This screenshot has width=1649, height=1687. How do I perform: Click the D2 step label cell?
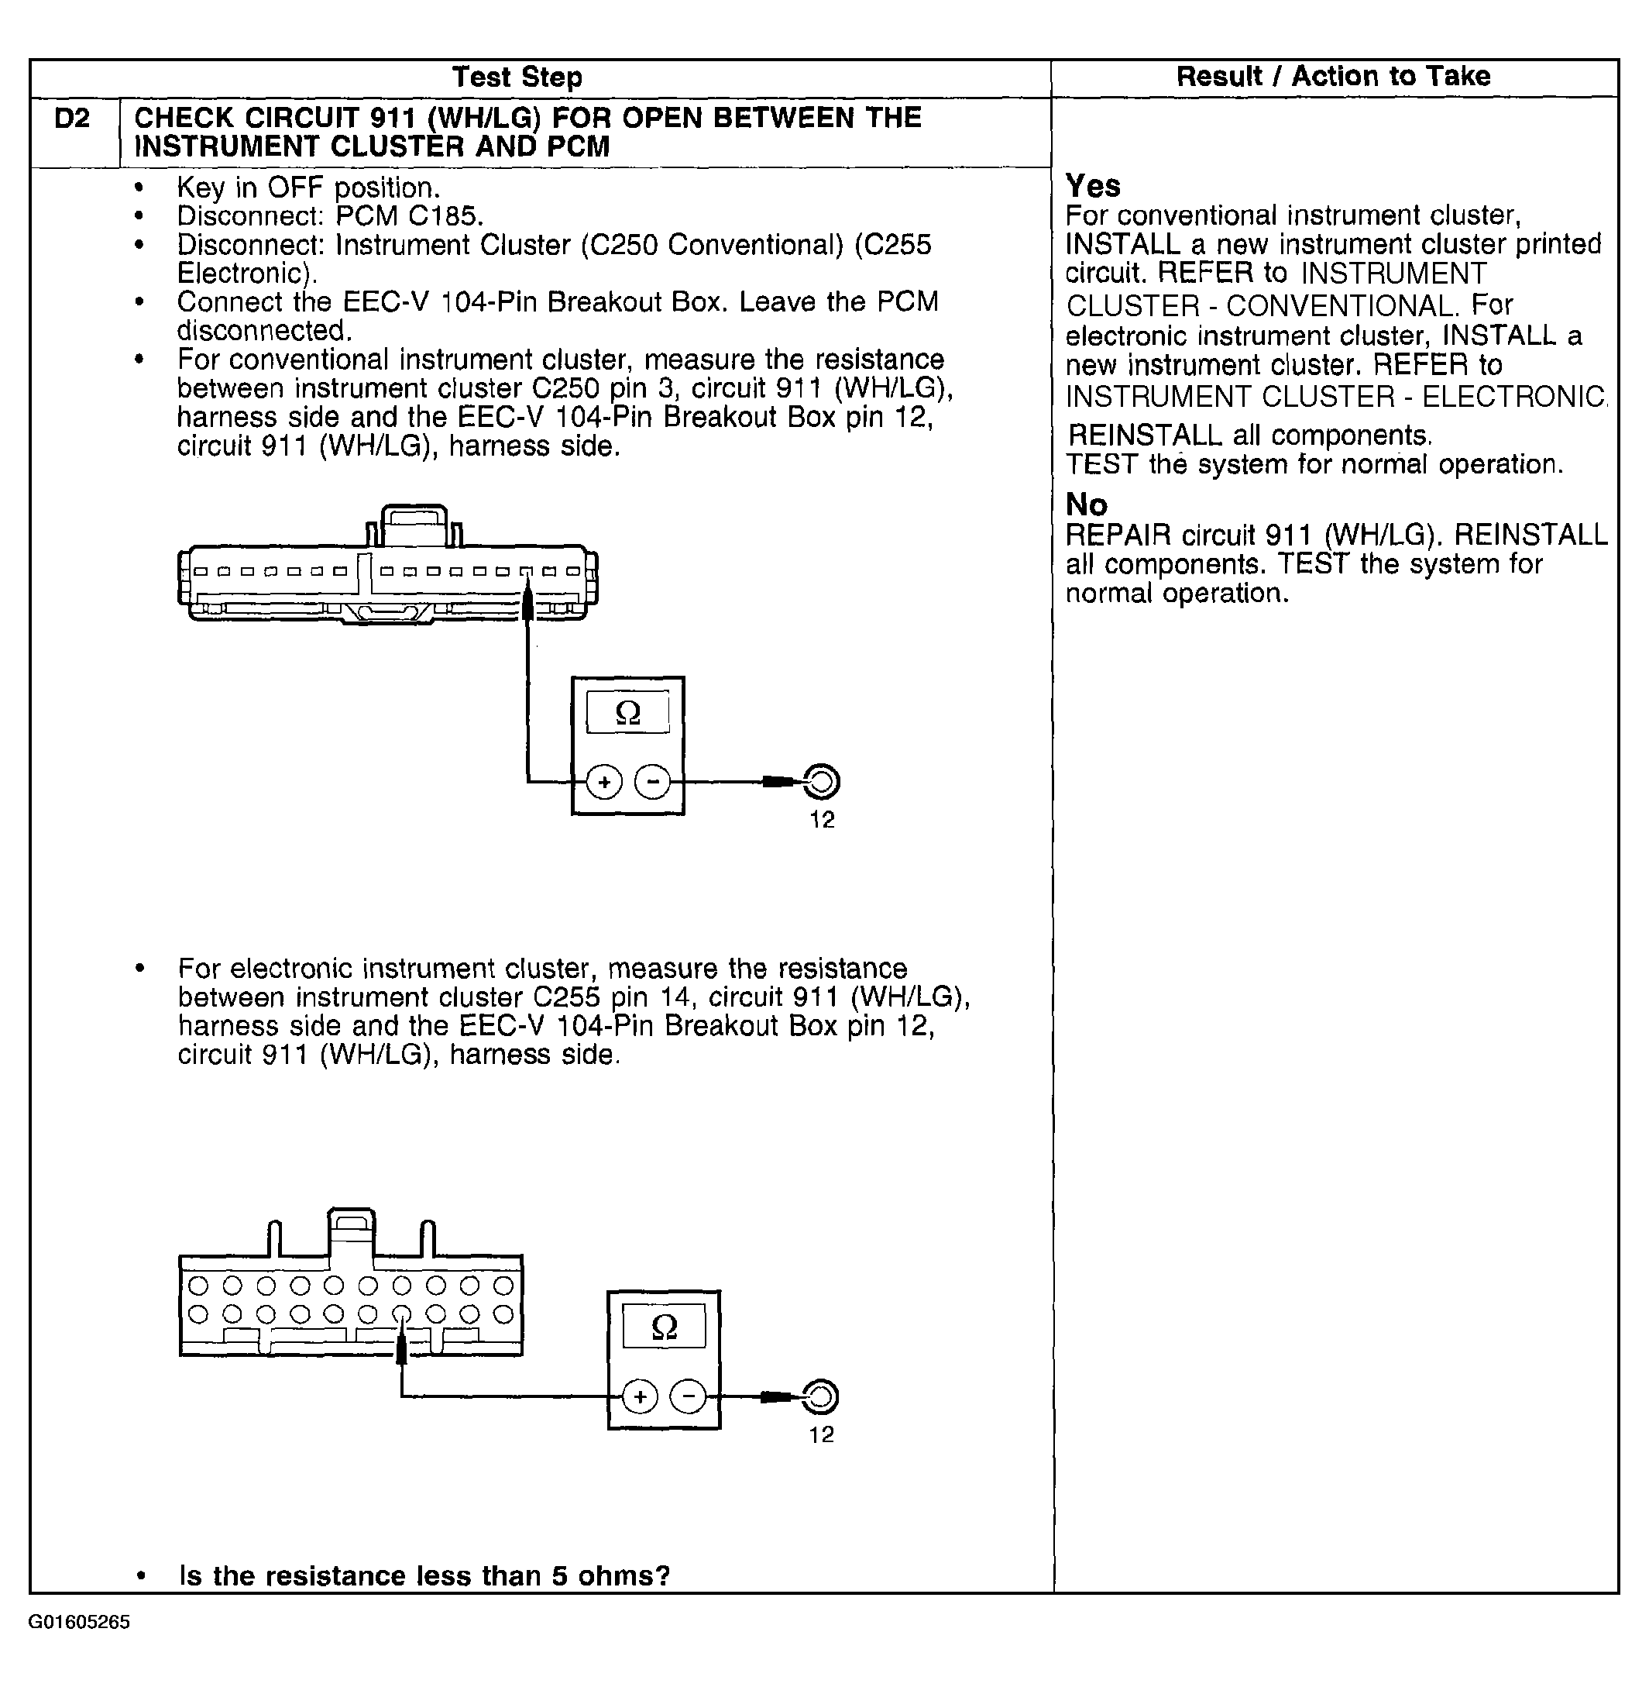72,119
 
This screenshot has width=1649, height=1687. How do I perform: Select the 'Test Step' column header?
517,77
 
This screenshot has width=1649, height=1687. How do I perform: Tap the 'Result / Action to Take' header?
1333,76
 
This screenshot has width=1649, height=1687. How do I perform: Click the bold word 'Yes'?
1092,186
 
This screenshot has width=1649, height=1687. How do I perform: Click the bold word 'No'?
1086,504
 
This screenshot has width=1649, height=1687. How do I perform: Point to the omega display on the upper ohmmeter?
628,713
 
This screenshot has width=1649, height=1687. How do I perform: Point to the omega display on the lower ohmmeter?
665,1327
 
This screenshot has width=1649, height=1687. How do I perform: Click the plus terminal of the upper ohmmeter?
603,783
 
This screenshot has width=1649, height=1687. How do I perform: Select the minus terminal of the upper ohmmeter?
652,783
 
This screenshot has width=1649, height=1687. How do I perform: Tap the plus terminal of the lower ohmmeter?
640,1396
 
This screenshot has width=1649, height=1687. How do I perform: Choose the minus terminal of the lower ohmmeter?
689,1396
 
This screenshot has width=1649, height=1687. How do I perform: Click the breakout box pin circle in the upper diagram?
822,783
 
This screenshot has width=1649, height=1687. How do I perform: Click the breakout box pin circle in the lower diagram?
821,1396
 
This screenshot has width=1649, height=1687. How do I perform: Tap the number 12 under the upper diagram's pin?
822,820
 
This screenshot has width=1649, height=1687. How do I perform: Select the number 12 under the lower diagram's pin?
821,1435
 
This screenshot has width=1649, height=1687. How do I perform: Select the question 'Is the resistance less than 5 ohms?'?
424,1575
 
